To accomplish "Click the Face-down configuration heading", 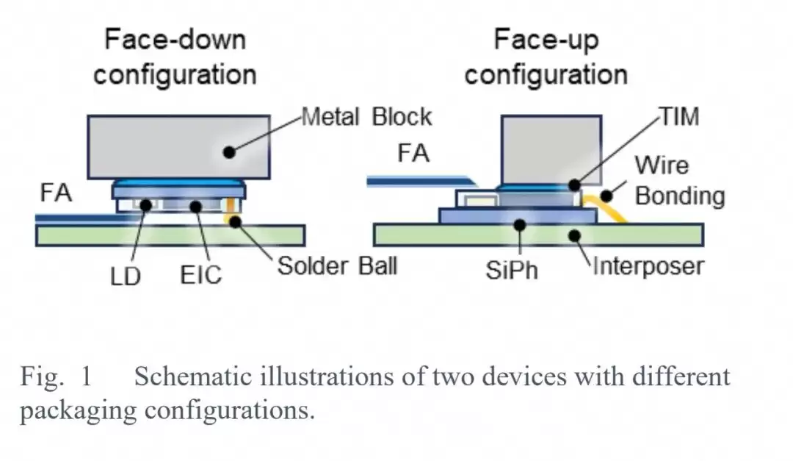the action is point(175,57).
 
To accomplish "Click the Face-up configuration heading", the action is point(546,57).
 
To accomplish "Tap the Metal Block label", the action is point(366,117).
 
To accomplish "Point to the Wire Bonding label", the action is point(680,180).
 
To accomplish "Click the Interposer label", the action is point(648,266).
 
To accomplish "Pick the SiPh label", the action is point(512,270).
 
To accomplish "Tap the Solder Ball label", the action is point(337,266).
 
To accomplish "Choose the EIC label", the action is point(200,275).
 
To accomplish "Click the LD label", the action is point(126,276).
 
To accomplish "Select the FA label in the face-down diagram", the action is point(56,193).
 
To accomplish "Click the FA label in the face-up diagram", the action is point(413,153).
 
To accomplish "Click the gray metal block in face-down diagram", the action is point(178,147).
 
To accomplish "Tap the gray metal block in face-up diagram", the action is point(551,150).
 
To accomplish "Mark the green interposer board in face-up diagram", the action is point(539,235).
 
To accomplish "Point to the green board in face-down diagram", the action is point(170,235).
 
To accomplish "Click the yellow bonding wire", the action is point(606,207).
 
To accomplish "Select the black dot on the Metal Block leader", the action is point(229,151).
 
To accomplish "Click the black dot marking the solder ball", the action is point(235,221).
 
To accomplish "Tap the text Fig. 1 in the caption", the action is point(56,377).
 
